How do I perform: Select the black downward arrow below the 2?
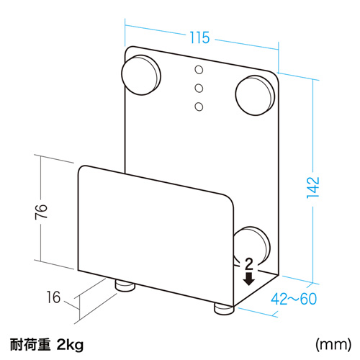249,278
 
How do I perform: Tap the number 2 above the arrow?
249,264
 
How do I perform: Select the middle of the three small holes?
200,88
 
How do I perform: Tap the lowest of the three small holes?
200,107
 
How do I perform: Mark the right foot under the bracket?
223,307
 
